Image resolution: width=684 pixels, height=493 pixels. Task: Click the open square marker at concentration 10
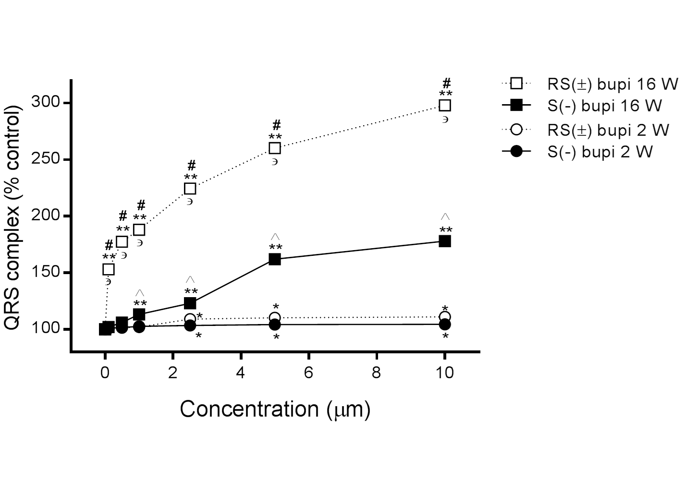coord(445,105)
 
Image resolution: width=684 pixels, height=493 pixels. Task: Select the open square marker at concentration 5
coord(275,148)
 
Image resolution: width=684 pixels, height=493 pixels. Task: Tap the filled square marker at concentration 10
coord(445,241)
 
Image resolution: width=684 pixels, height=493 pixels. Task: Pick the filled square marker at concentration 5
coord(275,259)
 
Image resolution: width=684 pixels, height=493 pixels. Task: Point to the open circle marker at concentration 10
coord(445,317)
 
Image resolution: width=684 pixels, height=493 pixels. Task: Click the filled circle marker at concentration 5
coord(275,325)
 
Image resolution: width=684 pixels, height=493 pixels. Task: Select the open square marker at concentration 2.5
coord(190,189)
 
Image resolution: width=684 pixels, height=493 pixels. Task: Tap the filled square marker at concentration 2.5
coord(190,303)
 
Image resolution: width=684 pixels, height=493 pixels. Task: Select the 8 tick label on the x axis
coord(377,373)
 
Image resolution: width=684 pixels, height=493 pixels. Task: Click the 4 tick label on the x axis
coord(241,373)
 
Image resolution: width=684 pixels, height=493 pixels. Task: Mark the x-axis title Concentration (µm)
coord(275,409)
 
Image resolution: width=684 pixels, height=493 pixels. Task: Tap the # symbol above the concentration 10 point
coord(447,83)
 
